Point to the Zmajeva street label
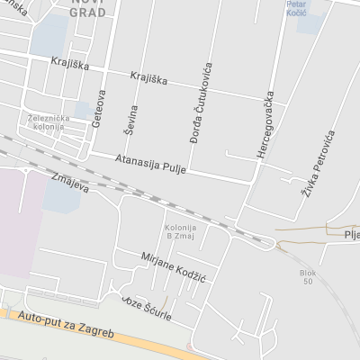click(72, 182)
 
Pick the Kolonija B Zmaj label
click(180, 231)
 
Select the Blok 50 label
click(309, 276)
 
